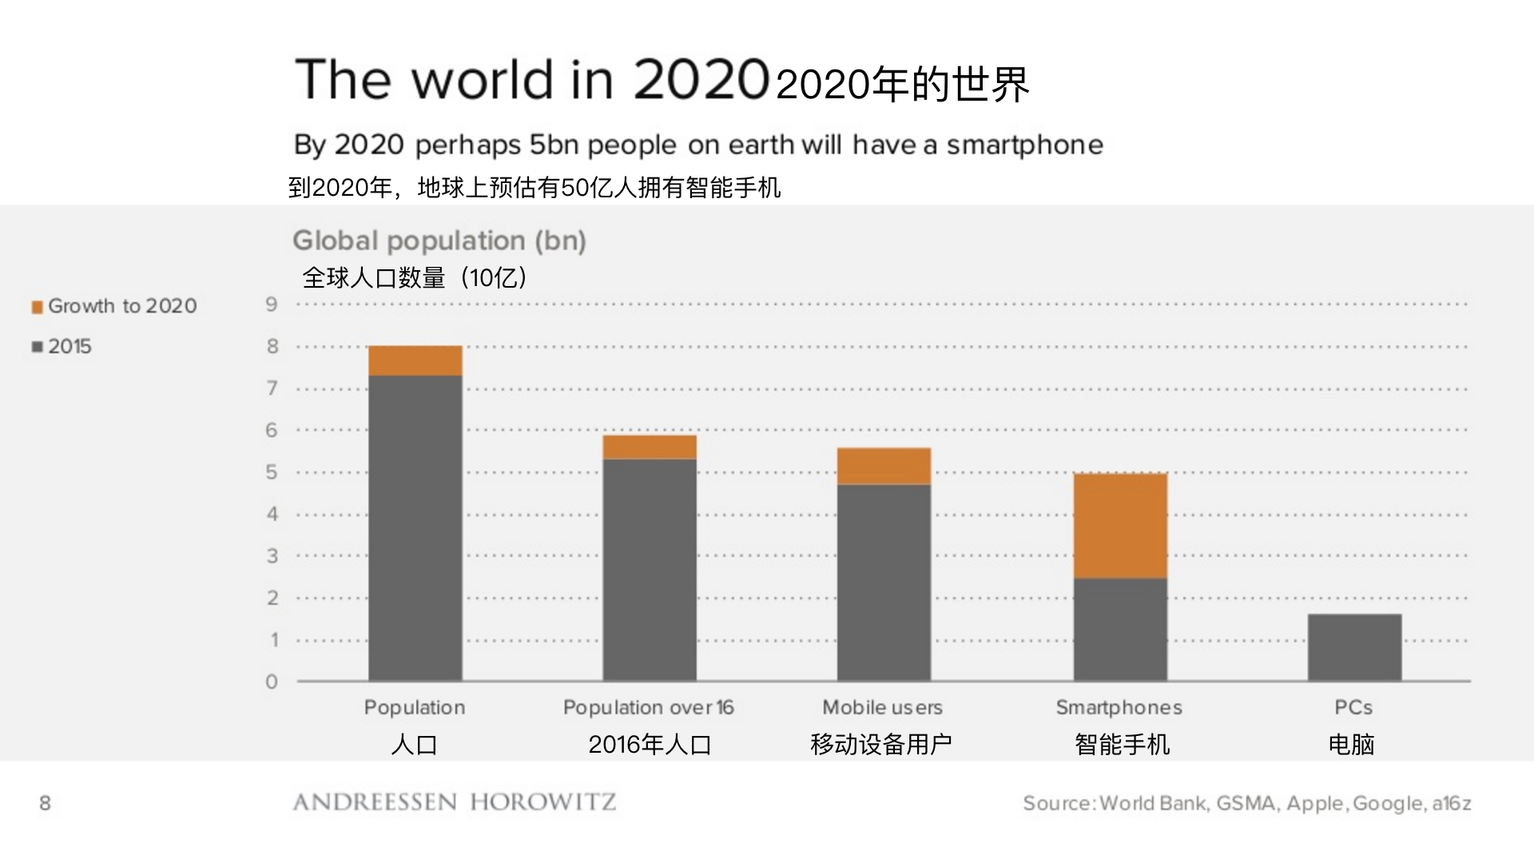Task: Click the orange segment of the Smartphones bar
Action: (x=1120, y=526)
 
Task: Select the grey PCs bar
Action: (x=1354, y=647)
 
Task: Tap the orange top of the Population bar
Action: (x=415, y=360)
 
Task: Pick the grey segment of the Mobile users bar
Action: (x=884, y=583)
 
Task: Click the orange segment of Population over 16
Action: (x=650, y=447)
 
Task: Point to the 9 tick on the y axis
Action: (x=272, y=304)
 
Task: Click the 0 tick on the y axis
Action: (x=272, y=682)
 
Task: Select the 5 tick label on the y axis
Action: (x=272, y=472)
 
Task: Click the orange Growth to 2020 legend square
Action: (x=37, y=307)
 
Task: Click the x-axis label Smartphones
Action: (x=1119, y=707)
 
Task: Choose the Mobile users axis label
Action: (x=882, y=707)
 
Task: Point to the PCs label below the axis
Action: (x=1353, y=707)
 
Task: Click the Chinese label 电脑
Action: (x=1351, y=744)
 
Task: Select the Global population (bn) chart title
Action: (x=439, y=241)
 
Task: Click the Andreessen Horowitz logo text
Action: (x=455, y=802)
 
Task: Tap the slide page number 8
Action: (x=45, y=803)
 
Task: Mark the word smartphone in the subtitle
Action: (x=1024, y=145)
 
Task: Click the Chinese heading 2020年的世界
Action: (x=902, y=84)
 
